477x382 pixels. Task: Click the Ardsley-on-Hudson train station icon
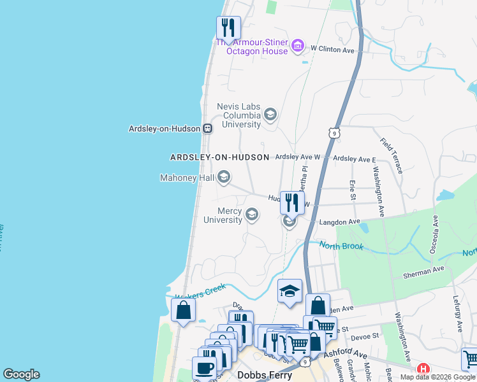click(x=207, y=128)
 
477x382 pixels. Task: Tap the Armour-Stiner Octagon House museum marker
click(x=297, y=46)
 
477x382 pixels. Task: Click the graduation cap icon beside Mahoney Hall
click(x=223, y=177)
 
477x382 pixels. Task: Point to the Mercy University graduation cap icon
click(x=252, y=214)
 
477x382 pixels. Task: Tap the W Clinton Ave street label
click(x=332, y=49)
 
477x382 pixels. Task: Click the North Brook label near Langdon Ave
click(x=341, y=246)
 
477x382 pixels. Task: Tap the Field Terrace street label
click(x=391, y=155)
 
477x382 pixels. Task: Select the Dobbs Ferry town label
click(x=264, y=375)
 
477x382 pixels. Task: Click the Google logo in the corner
click(x=21, y=374)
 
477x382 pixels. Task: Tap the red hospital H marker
click(x=423, y=369)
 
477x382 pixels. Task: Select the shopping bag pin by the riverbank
click(x=183, y=310)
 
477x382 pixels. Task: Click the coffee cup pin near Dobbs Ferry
click(x=205, y=368)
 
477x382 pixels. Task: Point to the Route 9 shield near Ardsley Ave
click(x=334, y=132)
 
